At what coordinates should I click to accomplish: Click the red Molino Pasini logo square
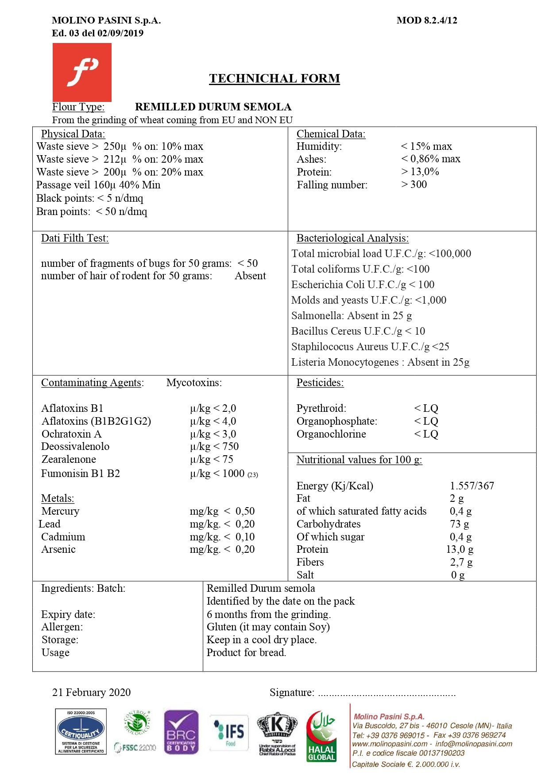82,72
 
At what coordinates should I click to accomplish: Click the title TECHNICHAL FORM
274,78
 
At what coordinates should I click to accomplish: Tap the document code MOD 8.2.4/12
427,20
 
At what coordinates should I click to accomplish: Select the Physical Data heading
73,134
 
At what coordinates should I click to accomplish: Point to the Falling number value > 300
414,184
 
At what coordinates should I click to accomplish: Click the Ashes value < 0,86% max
430,159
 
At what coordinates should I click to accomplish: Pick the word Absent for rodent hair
250,276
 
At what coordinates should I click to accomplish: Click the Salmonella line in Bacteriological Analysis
352,316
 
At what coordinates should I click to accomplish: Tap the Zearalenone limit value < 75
223,459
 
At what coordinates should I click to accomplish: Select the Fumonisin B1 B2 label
81,473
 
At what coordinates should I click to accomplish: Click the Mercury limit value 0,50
245,511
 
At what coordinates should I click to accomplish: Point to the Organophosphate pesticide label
337,421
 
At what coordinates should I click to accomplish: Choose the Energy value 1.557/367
472,486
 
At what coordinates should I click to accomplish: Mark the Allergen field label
62,627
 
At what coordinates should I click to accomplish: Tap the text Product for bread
246,653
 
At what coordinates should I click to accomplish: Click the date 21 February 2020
92,692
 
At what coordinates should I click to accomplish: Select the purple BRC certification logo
181,732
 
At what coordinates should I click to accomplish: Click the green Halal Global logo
322,736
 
